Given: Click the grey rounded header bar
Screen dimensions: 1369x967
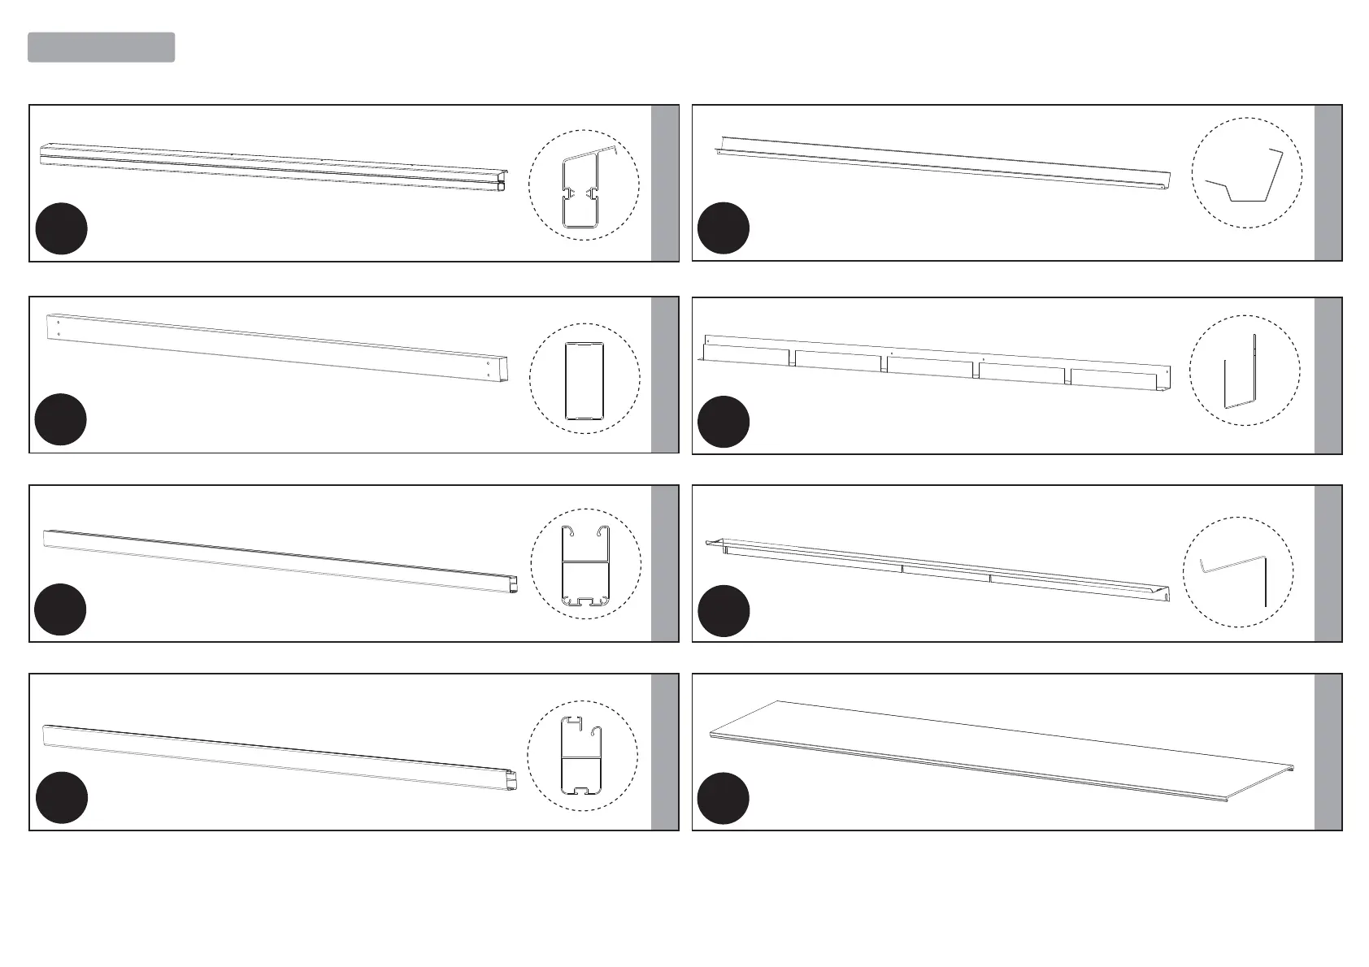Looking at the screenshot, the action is (x=102, y=47).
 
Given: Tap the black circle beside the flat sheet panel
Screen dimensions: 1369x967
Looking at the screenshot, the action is (x=724, y=799).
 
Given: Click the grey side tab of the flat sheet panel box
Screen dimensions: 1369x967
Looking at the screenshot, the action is (x=1328, y=752).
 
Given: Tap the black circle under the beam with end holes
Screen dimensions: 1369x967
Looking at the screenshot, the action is (x=61, y=419).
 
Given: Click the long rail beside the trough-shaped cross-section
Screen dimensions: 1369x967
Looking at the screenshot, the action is (x=943, y=163).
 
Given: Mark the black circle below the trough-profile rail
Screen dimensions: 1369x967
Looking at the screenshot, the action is (x=724, y=228).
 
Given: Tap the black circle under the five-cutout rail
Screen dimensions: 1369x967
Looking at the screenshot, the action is (x=724, y=422).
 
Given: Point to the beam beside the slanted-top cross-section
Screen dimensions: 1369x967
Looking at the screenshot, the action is (x=272, y=166).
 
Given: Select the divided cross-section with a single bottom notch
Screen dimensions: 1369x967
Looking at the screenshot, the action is (x=583, y=756).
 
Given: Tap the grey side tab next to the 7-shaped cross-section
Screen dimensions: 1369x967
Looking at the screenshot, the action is (x=1328, y=563).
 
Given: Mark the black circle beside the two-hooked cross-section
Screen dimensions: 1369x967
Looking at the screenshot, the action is (x=61, y=609).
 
